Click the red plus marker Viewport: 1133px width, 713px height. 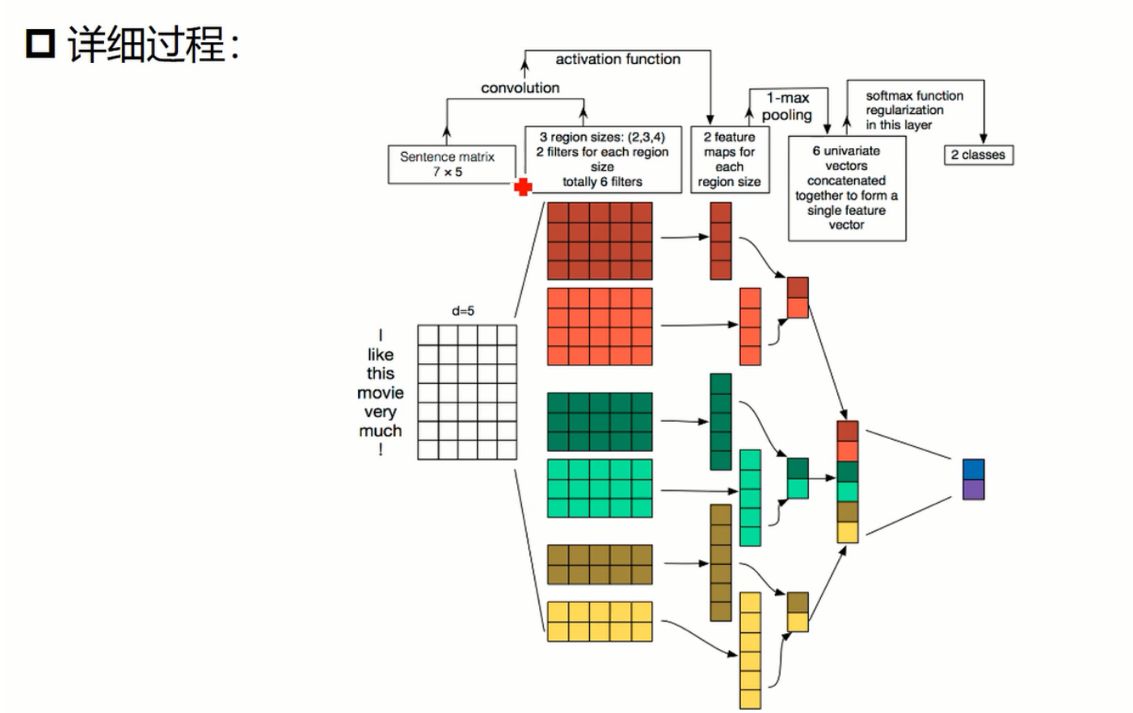[x=523, y=188]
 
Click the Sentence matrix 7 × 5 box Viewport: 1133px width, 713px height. [x=447, y=164]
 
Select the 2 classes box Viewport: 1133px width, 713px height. [x=978, y=155]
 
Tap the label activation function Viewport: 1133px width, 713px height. [x=617, y=59]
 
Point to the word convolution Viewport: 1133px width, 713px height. [x=520, y=87]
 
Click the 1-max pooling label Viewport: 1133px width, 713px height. [x=787, y=107]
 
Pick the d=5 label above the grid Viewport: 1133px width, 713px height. [x=463, y=311]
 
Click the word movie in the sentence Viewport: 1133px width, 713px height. [x=380, y=393]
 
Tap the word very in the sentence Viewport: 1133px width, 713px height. [x=380, y=412]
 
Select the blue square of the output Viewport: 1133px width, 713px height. [x=973, y=470]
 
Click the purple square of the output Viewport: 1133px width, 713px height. [x=973, y=489]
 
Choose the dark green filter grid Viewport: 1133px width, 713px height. [x=600, y=422]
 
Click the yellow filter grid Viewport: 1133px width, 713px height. [x=600, y=622]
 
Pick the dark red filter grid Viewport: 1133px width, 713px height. [x=600, y=241]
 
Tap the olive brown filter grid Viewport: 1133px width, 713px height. [x=600, y=564]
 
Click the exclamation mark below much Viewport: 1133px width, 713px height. [x=380, y=450]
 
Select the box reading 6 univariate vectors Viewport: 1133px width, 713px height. [x=846, y=188]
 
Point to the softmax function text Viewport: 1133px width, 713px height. [x=914, y=96]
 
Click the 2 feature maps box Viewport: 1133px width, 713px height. [x=729, y=159]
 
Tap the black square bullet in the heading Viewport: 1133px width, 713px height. [x=40, y=44]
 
